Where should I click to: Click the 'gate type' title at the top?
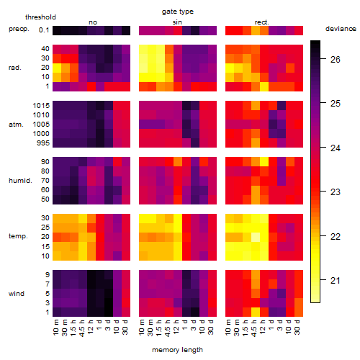(178, 12)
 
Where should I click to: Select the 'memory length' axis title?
(177, 350)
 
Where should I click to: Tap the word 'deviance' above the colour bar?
(341, 29)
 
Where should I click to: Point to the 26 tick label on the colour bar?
(335, 59)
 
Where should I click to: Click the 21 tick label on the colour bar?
(335, 280)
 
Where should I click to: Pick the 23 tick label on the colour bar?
(335, 192)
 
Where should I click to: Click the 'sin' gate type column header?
(177, 22)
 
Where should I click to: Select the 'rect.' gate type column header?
(261, 22)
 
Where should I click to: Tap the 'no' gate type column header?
(93, 22)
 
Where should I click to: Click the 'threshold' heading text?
(40, 17)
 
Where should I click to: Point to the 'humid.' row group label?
(20, 181)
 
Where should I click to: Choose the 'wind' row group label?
(17, 294)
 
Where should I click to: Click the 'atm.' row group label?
(16, 125)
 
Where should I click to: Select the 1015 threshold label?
(41, 106)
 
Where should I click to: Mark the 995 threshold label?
(43, 143)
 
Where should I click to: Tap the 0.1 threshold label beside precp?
(44, 30)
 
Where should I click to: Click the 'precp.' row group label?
(19, 29)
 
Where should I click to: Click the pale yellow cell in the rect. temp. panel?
(256, 237)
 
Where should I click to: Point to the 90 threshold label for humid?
(45, 162)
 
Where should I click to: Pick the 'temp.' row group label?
(18, 236)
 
